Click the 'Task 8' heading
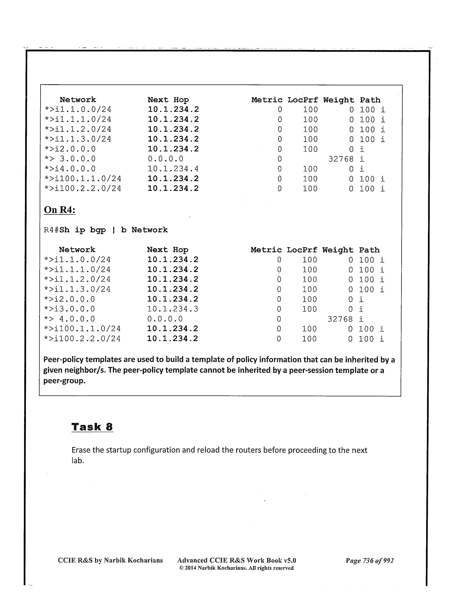pos(92,427)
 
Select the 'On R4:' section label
pos(60,210)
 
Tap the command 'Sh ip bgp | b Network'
pos(113,230)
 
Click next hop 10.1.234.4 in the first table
pos(173,169)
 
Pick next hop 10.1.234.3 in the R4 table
pos(172,309)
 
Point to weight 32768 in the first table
pos(341,159)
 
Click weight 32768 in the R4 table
pos(340,319)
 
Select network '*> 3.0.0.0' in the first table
pos(70,159)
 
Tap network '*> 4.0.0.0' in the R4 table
pos(69,319)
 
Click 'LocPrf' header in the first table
pos(303,100)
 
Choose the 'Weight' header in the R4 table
pos(338,250)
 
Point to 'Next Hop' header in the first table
pos(168,100)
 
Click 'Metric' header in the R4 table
pos(266,250)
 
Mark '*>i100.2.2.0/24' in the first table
pos(83,189)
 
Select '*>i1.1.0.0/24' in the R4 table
pos(77,260)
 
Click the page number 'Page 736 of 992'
pos(370,560)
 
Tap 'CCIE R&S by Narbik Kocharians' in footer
pos(110,560)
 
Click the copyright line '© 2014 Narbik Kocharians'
pos(236,568)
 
